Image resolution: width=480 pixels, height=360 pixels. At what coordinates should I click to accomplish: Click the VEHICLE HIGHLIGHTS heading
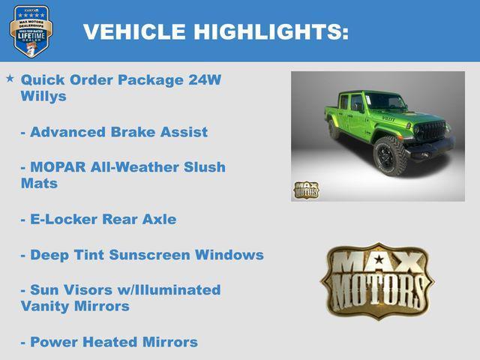click(x=215, y=32)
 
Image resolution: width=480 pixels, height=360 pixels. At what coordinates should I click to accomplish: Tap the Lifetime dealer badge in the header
click(x=31, y=31)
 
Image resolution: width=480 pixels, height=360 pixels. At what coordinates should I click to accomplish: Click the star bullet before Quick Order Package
click(x=10, y=78)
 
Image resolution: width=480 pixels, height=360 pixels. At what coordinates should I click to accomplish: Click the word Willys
click(x=43, y=97)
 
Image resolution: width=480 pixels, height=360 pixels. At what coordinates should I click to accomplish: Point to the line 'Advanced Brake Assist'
click(x=114, y=132)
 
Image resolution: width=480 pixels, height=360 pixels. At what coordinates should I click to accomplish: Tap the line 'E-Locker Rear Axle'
click(x=99, y=219)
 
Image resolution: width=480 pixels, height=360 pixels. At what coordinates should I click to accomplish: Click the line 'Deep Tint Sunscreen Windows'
click(x=142, y=255)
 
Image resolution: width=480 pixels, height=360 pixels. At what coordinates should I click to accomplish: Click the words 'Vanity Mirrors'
click(x=75, y=307)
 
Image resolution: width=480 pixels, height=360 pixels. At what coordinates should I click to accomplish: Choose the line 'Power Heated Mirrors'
click(x=109, y=342)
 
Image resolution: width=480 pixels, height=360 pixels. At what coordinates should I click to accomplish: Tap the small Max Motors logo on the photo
click(x=306, y=189)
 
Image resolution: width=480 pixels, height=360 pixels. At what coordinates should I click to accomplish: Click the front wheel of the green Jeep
click(x=388, y=156)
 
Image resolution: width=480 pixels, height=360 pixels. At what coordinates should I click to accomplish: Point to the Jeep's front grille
click(x=430, y=133)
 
